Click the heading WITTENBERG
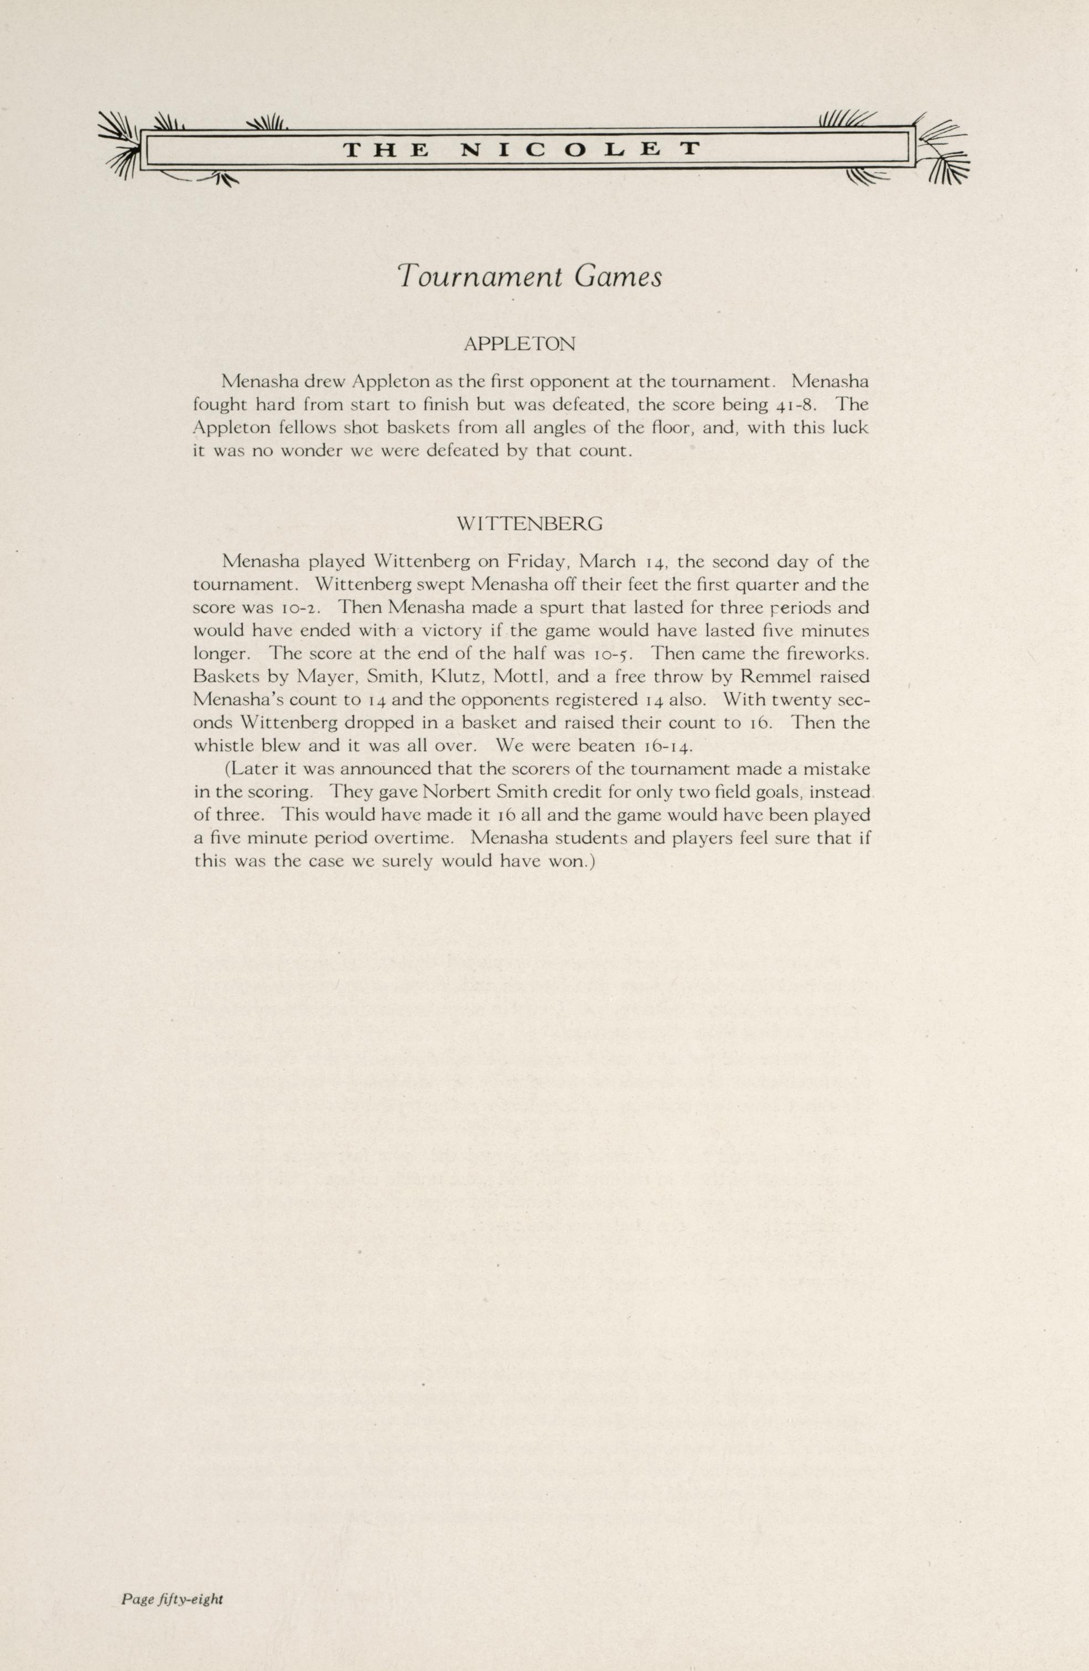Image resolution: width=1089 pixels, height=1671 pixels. (x=530, y=524)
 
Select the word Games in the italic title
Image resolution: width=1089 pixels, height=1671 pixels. (x=618, y=277)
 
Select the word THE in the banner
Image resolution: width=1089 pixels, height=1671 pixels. (x=386, y=149)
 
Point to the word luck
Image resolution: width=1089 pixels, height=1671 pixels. (x=851, y=428)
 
